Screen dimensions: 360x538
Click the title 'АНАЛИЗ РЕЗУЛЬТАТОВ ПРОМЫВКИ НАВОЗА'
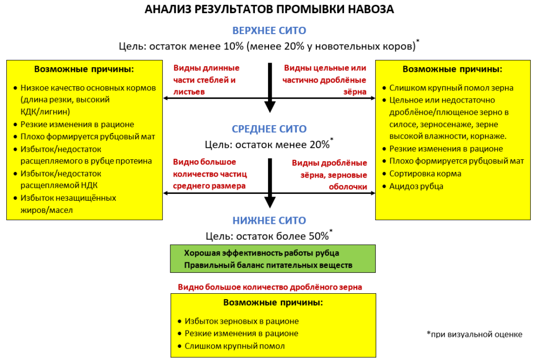269,9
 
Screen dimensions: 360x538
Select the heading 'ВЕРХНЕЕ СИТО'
269,30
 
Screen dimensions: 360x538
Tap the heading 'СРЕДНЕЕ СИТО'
269,129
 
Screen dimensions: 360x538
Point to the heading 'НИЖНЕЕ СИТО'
269,221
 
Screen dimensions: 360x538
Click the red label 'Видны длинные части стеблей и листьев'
206,80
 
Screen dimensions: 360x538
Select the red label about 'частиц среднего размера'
210,173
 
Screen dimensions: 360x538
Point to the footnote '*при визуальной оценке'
474,334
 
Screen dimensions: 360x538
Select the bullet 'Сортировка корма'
425,173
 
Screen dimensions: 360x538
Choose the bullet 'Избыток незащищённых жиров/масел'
68,204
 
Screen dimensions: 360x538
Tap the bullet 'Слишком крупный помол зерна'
451,88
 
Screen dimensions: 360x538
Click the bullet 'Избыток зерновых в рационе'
241,321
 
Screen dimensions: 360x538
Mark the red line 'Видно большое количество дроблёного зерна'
270,287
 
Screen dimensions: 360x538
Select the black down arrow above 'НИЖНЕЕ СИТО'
270,184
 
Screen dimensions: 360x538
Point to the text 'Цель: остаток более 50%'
268,236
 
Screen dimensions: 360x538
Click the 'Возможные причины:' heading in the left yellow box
84,69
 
